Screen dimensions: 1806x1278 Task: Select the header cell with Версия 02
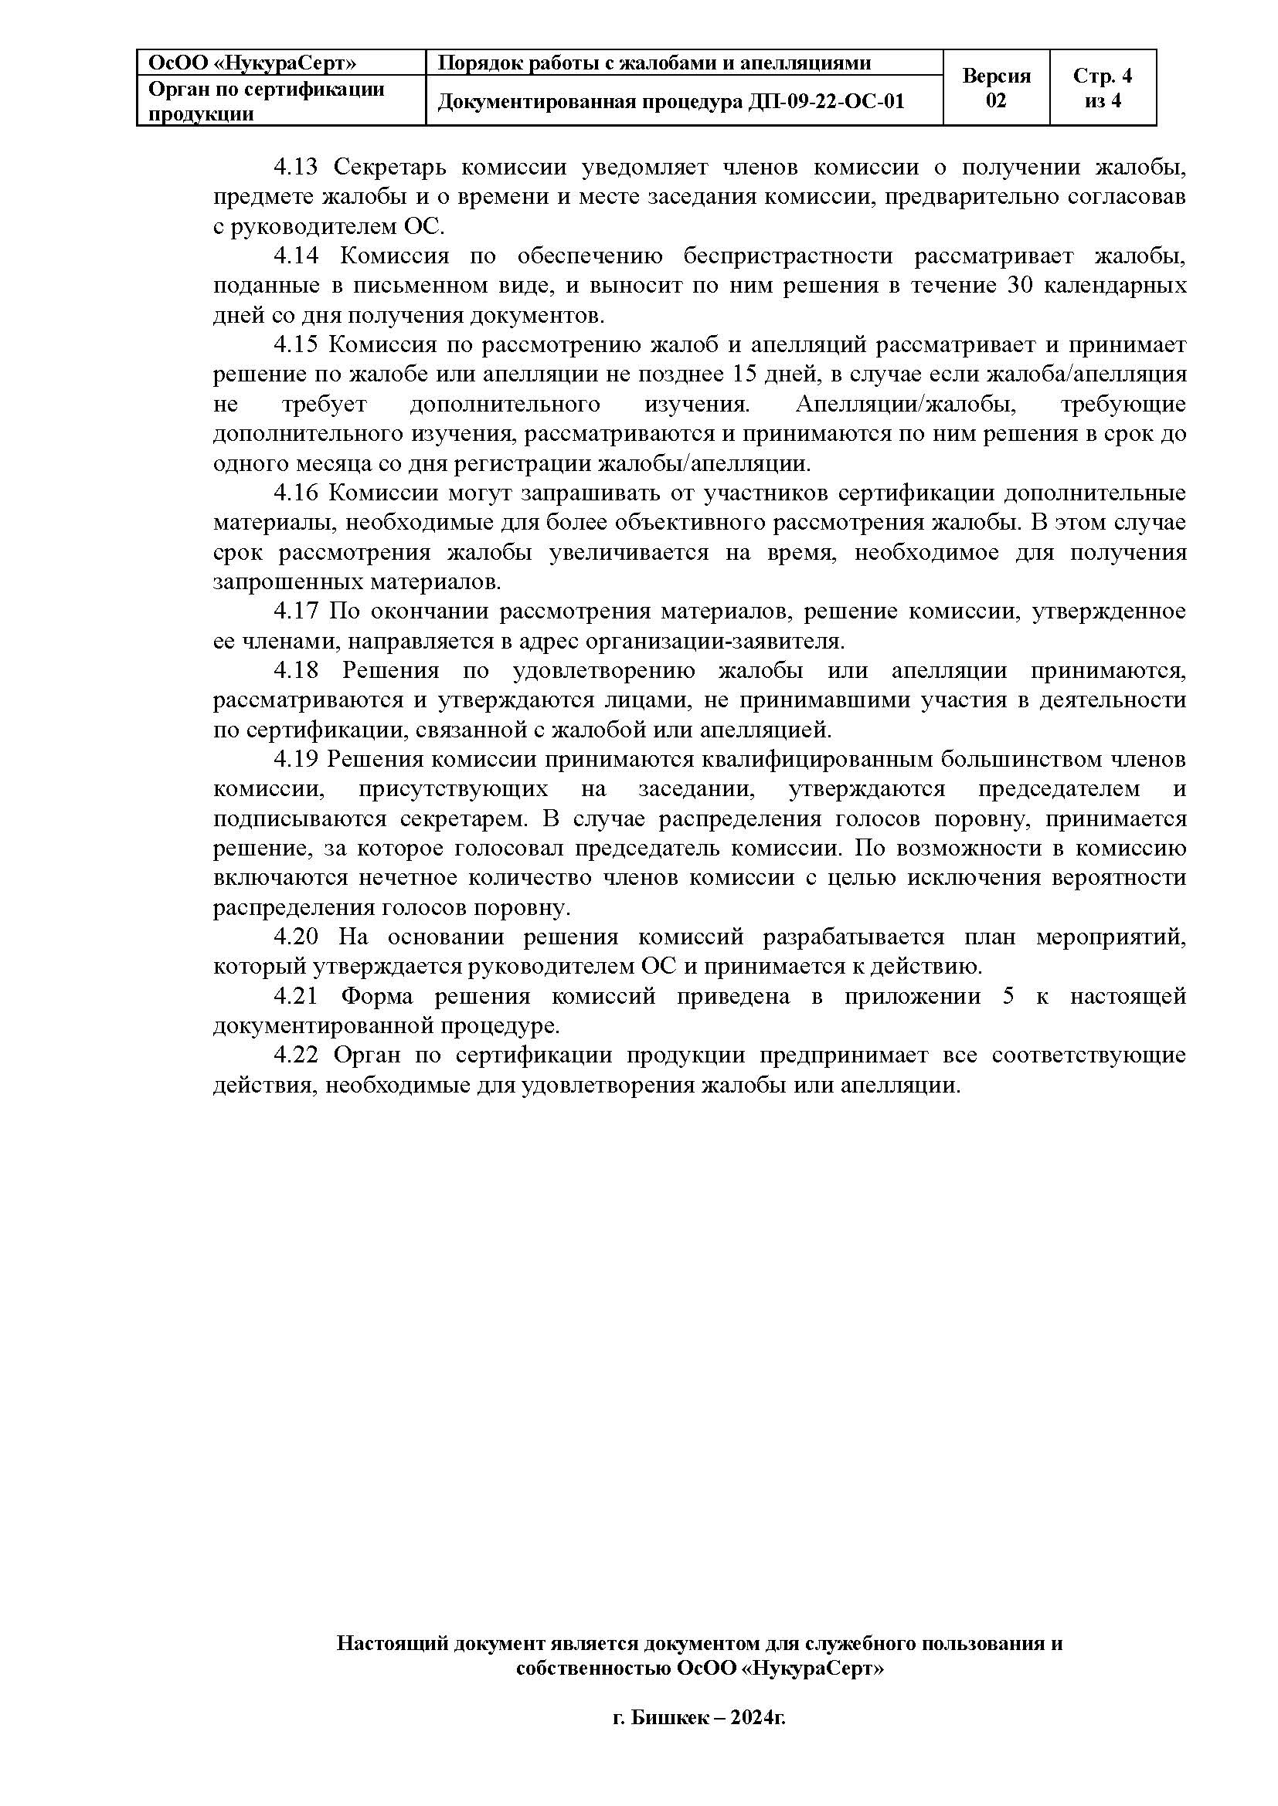click(995, 88)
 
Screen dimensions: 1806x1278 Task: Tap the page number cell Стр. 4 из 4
click(1102, 88)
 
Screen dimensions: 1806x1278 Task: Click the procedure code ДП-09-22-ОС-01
click(827, 101)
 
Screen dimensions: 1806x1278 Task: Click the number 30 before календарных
click(1021, 286)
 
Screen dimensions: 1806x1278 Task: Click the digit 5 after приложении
click(1008, 997)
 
